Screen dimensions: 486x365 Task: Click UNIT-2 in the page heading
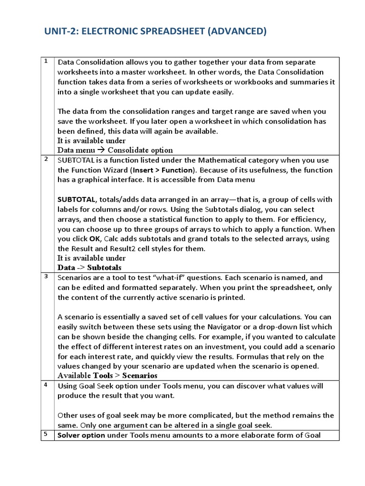click(x=61, y=31)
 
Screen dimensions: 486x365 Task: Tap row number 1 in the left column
click(x=47, y=61)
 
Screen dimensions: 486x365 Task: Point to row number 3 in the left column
click(x=47, y=277)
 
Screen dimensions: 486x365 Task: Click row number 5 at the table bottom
click(x=47, y=434)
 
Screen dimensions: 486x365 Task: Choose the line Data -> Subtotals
click(x=89, y=268)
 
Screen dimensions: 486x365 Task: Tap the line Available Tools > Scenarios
click(x=107, y=375)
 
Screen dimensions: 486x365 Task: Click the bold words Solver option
click(x=81, y=435)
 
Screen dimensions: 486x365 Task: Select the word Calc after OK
click(x=112, y=239)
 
